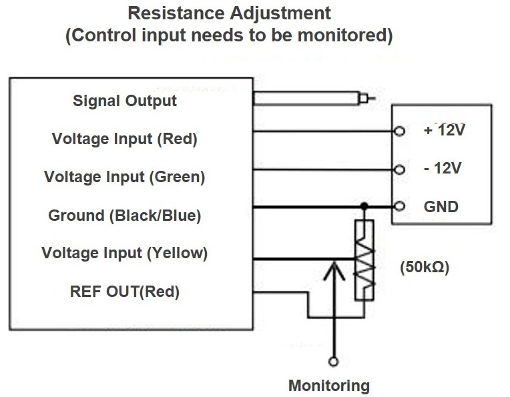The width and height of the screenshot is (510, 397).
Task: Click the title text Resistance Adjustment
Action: [228, 13]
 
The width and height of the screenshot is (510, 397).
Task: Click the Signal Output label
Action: [125, 101]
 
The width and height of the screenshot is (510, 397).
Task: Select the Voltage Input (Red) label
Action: [125, 139]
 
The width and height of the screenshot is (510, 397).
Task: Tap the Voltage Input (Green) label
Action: [125, 177]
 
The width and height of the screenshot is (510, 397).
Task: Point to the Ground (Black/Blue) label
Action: [125, 216]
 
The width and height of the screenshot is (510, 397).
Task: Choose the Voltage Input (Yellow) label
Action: [125, 254]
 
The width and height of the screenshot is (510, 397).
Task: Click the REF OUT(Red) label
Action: [125, 292]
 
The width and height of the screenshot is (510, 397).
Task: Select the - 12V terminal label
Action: [443, 168]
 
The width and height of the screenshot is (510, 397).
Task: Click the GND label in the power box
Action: [441, 206]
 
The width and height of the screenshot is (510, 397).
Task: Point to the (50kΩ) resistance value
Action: [425, 268]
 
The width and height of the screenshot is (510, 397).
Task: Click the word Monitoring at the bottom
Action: [328, 385]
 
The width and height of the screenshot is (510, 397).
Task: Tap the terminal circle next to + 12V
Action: [399, 131]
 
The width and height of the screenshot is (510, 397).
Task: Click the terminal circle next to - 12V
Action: [399, 169]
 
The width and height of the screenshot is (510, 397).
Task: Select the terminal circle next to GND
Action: [399, 206]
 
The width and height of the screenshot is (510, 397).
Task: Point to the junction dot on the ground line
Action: [364, 206]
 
